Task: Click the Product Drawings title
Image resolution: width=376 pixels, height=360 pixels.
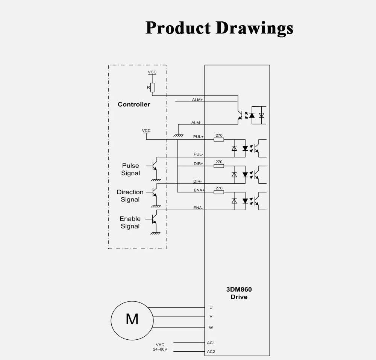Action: tap(219, 28)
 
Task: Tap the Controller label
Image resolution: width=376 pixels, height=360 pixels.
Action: tap(134, 104)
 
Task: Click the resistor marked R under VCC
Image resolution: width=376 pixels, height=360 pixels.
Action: tap(152, 88)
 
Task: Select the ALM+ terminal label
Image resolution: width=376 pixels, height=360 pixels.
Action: tap(197, 100)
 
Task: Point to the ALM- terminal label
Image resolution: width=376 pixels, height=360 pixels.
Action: tap(196, 123)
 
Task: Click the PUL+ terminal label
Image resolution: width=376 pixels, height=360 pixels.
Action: tap(198, 137)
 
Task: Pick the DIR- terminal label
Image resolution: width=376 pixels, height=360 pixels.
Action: tap(197, 182)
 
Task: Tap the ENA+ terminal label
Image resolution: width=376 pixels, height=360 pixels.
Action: tap(199, 190)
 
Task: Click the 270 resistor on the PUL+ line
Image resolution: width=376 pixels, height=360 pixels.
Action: tap(219, 139)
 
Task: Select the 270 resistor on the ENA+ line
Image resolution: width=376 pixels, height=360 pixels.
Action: tap(219, 192)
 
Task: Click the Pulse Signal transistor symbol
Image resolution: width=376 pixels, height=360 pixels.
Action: tap(155, 166)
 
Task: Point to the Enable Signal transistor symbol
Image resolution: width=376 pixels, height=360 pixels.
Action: tap(154, 219)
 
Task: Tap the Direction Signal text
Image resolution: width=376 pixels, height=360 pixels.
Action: tap(130, 196)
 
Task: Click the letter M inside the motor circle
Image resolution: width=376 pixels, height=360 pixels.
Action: tap(132, 319)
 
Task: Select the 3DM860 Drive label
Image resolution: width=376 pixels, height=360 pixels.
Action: tap(239, 293)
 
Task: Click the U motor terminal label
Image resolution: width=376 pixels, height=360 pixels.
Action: tap(211, 308)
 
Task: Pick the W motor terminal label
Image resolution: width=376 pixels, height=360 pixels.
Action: tap(211, 328)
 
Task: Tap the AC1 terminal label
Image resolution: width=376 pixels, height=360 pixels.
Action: tap(211, 343)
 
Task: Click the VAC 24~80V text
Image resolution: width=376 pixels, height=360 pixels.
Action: tap(160, 347)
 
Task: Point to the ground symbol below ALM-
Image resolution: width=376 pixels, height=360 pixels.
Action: tap(178, 136)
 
